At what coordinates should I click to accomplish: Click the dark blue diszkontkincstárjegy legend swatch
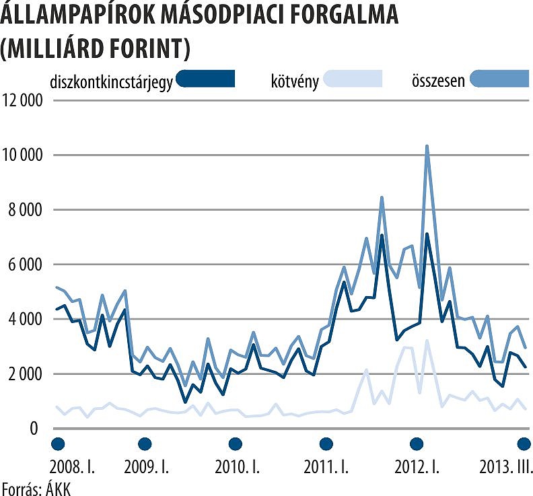(x=205, y=79)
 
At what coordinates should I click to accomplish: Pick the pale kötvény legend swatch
(x=353, y=79)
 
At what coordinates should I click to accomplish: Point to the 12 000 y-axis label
(x=23, y=101)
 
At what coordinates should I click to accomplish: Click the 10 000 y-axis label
(x=23, y=155)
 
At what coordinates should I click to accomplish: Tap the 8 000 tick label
(x=26, y=210)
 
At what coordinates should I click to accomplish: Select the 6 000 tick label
(x=26, y=264)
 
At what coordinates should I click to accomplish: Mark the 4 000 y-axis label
(x=26, y=319)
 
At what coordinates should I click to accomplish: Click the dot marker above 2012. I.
(x=417, y=444)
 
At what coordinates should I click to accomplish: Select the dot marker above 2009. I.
(x=145, y=444)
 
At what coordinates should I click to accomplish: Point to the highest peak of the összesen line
(x=427, y=146)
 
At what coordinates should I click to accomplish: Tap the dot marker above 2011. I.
(x=326, y=444)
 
